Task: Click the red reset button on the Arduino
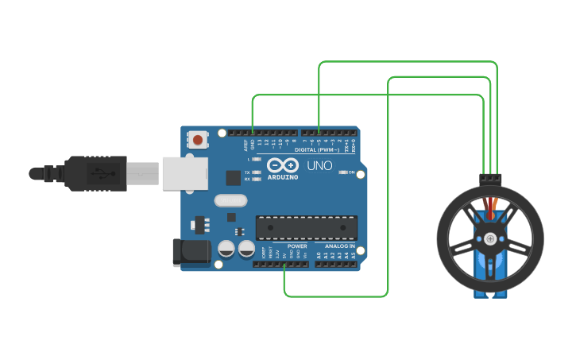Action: coord(198,141)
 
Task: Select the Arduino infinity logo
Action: coord(282,165)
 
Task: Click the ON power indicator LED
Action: coord(342,172)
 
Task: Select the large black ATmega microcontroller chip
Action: coord(306,226)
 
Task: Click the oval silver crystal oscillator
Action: coord(231,202)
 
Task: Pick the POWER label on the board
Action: coord(296,246)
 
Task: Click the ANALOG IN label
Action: coord(339,246)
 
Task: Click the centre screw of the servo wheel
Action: coord(491,238)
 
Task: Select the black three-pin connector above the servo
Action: coord(491,179)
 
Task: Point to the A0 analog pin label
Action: coord(318,256)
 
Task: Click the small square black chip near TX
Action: coord(234,178)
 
